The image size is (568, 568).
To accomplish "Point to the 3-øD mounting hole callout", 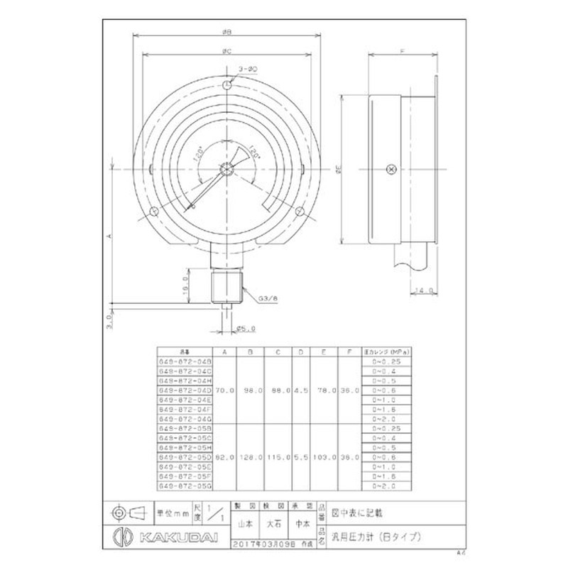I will click(248, 69).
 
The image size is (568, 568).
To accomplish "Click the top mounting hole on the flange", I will click(226, 85).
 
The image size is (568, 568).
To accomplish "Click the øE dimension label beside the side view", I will click(339, 169).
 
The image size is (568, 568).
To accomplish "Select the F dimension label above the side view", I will click(403, 51).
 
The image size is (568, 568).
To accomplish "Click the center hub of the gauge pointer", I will click(225, 169).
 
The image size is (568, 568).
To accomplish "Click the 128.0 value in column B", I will click(251, 458).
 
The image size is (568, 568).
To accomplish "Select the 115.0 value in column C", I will click(278, 458).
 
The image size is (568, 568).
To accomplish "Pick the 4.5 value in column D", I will click(300, 390).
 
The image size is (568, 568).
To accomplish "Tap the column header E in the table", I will click(323, 351).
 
